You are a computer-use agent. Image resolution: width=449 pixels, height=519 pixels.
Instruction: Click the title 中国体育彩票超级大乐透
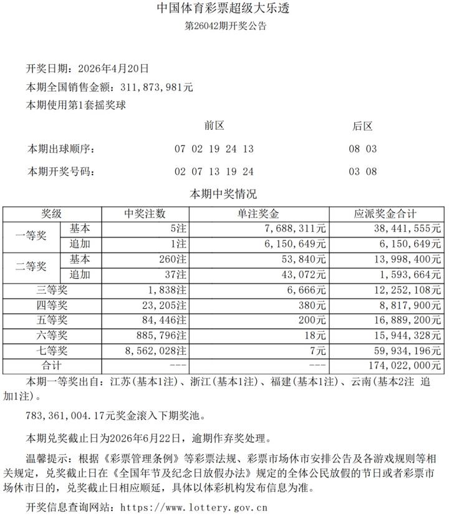point(224,9)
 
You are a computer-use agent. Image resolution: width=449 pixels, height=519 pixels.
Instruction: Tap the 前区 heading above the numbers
point(214,126)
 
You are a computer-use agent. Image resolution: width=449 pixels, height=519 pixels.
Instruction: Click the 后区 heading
point(362,126)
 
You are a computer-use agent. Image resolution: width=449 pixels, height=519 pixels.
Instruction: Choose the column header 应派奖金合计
point(385,214)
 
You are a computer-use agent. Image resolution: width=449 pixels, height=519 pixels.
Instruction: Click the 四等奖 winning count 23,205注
point(163,304)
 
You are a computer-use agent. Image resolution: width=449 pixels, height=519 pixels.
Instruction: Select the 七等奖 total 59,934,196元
point(405,350)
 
